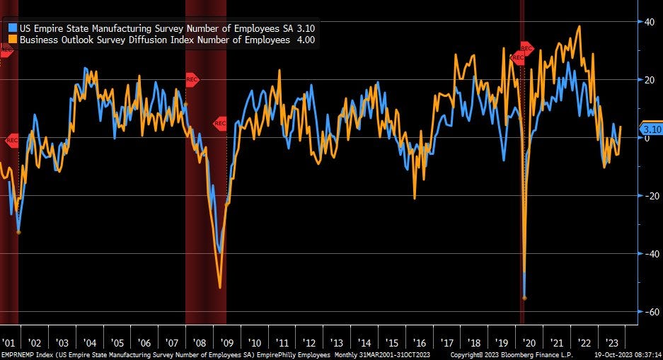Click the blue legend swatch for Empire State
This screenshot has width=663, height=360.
13,28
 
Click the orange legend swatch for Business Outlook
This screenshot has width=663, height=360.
13,40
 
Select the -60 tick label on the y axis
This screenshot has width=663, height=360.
650,312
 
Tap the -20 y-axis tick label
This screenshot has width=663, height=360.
650,196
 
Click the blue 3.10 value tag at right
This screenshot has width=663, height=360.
650,129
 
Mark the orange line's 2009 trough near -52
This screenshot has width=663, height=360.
220,287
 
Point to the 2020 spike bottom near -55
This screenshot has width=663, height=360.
524,298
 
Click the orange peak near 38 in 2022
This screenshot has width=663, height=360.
580,27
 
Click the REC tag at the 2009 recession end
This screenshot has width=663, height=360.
219,123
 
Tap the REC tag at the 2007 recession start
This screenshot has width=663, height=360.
192,79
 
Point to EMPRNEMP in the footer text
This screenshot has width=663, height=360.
15,354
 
